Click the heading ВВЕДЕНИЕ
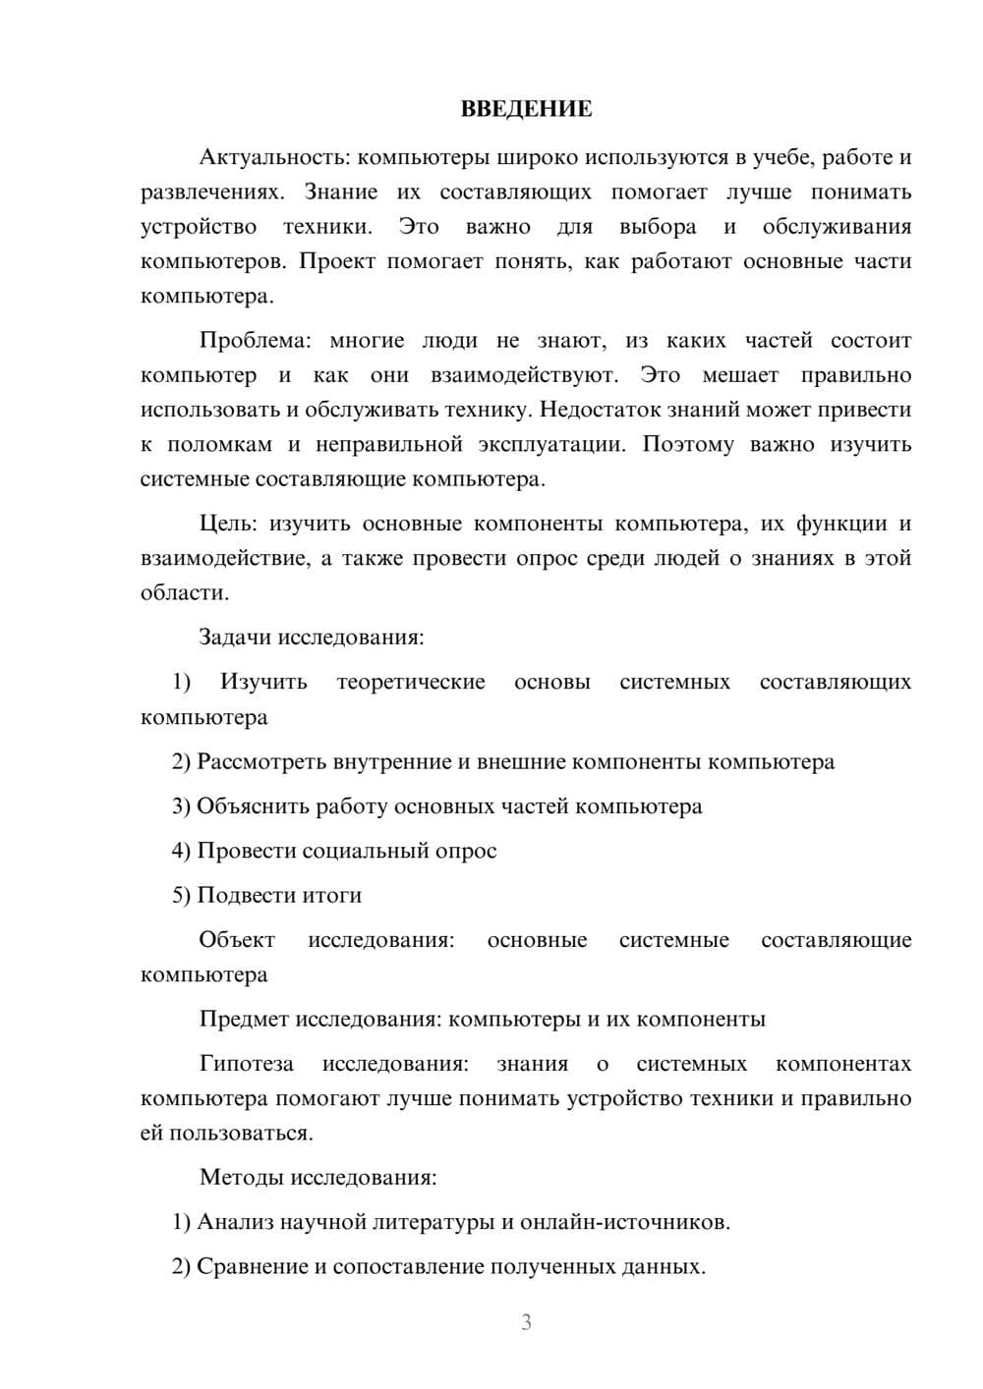point(526,109)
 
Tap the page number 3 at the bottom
point(526,1322)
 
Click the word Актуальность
point(259,157)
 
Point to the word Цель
point(228,524)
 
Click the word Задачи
point(235,637)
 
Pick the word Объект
point(237,940)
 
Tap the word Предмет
point(244,1019)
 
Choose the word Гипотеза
point(246,1064)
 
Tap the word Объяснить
point(253,806)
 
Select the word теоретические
point(411,682)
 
